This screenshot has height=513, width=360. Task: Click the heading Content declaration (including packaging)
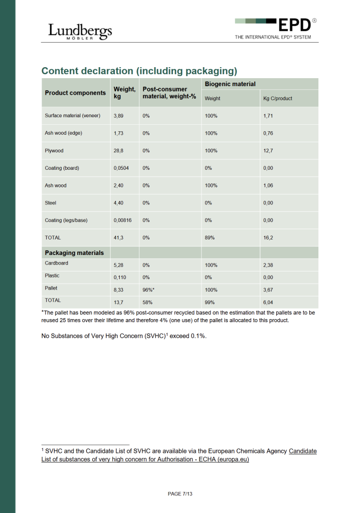pyautogui.click(x=139, y=71)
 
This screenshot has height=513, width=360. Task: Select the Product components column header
pyautogui.click(x=75, y=93)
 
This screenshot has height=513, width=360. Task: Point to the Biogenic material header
pyautogui.click(x=230, y=84)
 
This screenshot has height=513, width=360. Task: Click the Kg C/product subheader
pyautogui.click(x=277, y=98)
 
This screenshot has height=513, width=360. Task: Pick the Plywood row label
pyautogui.click(x=54, y=150)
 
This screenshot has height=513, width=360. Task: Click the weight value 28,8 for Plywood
pyautogui.click(x=118, y=150)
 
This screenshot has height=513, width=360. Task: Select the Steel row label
pyautogui.click(x=51, y=203)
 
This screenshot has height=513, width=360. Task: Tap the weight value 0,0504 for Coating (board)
pyautogui.click(x=121, y=168)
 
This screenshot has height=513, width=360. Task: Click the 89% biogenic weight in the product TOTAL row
pyautogui.click(x=210, y=238)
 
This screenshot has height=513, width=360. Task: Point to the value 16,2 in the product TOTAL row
pyautogui.click(x=268, y=238)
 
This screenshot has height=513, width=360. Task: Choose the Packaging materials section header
pyautogui.click(x=74, y=253)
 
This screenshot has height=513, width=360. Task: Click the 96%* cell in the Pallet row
pyautogui.click(x=148, y=289)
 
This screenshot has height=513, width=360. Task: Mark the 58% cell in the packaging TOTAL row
pyautogui.click(x=147, y=302)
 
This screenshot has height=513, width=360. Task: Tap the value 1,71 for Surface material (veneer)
pyautogui.click(x=268, y=116)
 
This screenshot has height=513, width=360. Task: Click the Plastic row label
pyautogui.click(x=52, y=276)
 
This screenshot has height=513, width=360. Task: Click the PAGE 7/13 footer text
pyautogui.click(x=180, y=494)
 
